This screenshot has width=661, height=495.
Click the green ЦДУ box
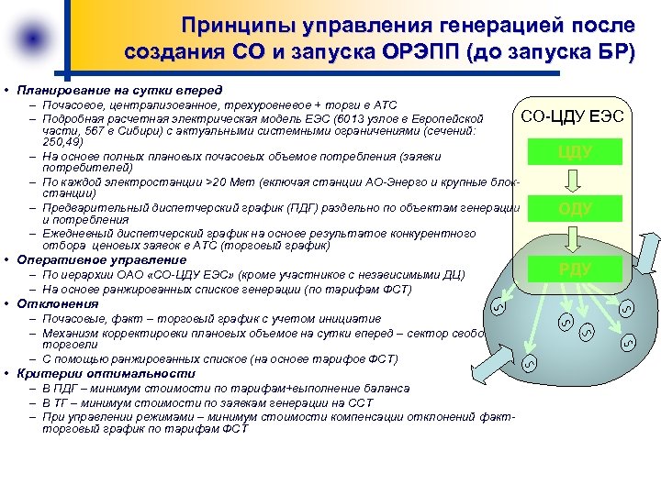click(575, 151)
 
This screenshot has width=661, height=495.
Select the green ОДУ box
click(575, 210)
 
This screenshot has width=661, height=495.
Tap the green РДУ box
click(575, 269)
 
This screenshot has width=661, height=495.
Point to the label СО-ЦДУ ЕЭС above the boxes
click(572, 115)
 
